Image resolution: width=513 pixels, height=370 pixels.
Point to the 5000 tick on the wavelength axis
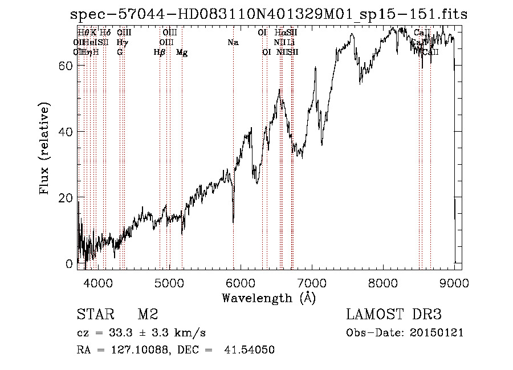[x=169, y=282]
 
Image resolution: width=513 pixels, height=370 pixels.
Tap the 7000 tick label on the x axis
[x=312, y=282]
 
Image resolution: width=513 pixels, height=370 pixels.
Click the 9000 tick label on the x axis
[x=454, y=282]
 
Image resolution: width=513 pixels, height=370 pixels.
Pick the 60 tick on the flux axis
[x=66, y=66]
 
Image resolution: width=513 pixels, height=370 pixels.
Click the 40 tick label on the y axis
[x=66, y=132]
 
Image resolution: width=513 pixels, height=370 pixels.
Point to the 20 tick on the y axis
[x=66, y=198]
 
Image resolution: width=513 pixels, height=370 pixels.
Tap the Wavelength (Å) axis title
[x=268, y=298]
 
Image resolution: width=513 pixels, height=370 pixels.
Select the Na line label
[x=233, y=42]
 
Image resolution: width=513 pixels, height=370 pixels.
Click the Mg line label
[x=182, y=52]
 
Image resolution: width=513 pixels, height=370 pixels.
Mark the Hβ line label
[x=160, y=52]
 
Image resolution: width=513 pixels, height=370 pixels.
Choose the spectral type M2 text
[x=148, y=315]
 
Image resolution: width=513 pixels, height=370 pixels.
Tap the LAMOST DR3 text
[x=393, y=315]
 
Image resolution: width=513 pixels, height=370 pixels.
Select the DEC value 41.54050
[x=250, y=350]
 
